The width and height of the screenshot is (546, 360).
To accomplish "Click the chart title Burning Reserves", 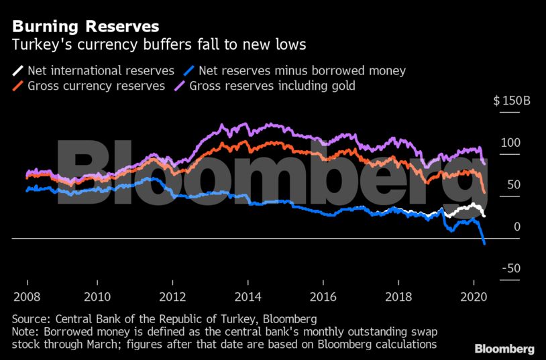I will (x=85, y=27).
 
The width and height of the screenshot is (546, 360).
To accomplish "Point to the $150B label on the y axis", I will (x=512, y=101).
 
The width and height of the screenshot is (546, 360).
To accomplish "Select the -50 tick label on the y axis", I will (x=512, y=268).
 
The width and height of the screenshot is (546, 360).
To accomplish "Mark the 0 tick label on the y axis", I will (x=517, y=227).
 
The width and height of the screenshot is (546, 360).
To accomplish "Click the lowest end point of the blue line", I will (x=485, y=244).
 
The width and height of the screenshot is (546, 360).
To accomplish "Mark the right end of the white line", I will (x=485, y=216).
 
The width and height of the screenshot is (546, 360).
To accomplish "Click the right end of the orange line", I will (x=485, y=192).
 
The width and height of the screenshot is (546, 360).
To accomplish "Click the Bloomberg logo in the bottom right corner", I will (x=504, y=349).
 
